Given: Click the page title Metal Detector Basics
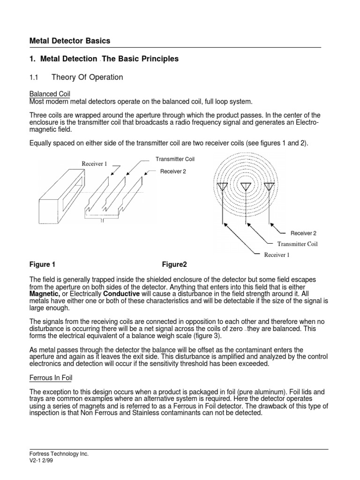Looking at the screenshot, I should (70, 41).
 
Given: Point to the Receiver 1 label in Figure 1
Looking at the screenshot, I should (94, 164).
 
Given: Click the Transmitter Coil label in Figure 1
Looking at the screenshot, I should (175, 159).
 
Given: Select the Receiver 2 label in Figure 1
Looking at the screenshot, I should (173, 172).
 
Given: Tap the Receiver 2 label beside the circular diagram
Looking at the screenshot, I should (304, 233).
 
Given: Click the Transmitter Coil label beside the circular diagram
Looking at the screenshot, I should (297, 244).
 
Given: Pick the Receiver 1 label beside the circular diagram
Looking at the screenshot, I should (277, 255).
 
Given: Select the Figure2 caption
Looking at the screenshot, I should (174, 264).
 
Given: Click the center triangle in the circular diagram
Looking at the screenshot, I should (246, 187).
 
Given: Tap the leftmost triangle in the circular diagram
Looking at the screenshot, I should (222, 187).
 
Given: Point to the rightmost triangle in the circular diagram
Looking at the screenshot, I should (269, 187).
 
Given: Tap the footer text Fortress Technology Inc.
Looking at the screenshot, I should (59, 454).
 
